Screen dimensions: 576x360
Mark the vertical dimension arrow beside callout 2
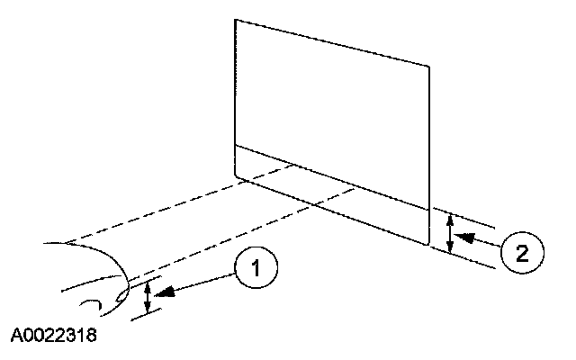tap(450, 231)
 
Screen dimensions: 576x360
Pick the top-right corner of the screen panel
tap(429, 66)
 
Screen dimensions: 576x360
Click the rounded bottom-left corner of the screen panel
tap(237, 175)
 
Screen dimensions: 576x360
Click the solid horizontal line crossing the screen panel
tap(333, 175)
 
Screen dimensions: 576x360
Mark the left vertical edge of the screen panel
tap(235, 90)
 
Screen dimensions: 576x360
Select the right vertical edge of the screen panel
tap(429, 153)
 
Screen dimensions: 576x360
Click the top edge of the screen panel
tap(333, 41)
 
